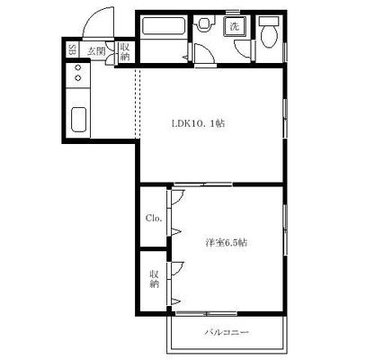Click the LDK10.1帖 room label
[x=198, y=123]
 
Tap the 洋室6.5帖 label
[x=227, y=242]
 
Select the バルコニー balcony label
[x=227, y=332]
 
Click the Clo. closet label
[x=154, y=218]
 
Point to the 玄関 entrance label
[x=96, y=51]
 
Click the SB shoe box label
[x=72, y=50]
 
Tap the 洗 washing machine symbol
[x=235, y=26]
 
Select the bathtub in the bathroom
[x=164, y=26]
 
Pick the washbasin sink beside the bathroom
[x=204, y=23]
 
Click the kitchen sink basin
[x=79, y=120]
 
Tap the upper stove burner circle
[x=78, y=67]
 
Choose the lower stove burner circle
[x=78, y=78]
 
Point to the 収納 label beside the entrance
[x=125, y=51]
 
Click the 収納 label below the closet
[x=154, y=279]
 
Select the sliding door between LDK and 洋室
[x=203, y=184]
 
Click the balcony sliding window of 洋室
[x=206, y=314]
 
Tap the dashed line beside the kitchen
[x=138, y=103]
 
